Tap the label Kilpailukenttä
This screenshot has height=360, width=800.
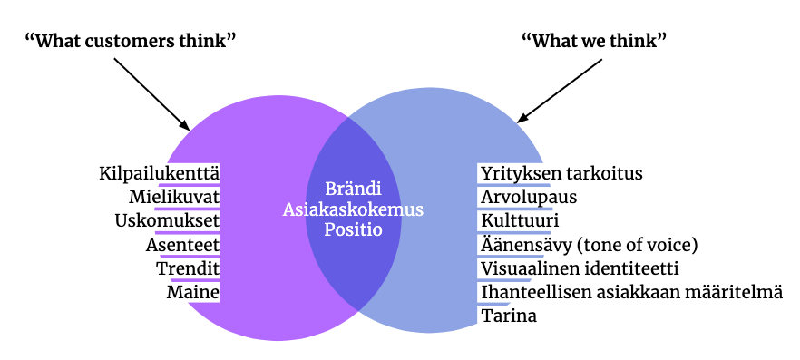(x=160, y=172)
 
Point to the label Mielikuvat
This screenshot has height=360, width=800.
(x=174, y=196)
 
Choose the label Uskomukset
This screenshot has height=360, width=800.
(x=167, y=220)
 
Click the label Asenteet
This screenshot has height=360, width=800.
(x=182, y=244)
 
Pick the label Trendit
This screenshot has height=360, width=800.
(x=187, y=268)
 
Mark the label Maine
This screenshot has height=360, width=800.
(x=193, y=292)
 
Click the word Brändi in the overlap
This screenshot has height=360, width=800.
(x=353, y=190)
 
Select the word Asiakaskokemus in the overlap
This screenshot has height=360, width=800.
(x=353, y=209)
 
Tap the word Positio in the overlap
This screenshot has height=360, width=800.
(x=353, y=229)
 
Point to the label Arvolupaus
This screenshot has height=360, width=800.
(x=528, y=196)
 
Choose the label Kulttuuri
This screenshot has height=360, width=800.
(x=520, y=220)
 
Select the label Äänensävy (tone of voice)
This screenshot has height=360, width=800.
(x=589, y=244)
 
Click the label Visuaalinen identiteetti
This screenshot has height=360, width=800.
(x=580, y=268)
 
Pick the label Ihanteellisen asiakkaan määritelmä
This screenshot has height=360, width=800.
(x=631, y=292)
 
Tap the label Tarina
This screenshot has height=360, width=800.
(x=509, y=316)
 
